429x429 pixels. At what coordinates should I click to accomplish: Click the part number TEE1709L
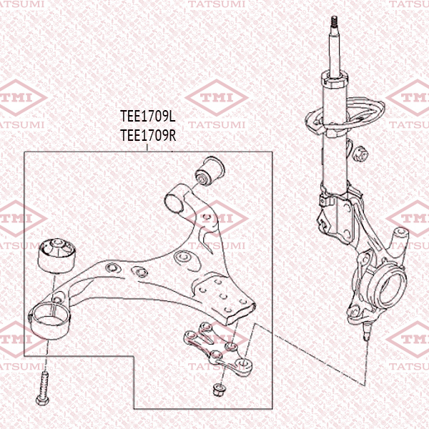pos(148,116)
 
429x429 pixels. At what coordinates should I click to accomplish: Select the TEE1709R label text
pos(148,134)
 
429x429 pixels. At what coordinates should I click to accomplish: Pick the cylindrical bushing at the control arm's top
pos(210,169)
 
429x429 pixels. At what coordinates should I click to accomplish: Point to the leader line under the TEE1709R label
pos(147,147)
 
